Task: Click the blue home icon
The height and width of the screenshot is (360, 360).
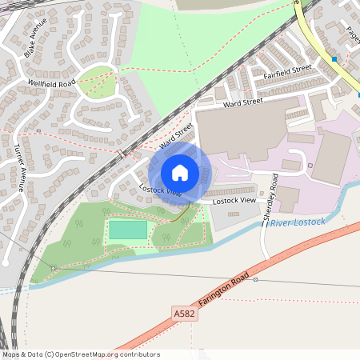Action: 180,172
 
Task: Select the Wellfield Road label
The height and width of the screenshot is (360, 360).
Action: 51,82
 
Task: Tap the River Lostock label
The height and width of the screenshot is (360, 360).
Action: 298,222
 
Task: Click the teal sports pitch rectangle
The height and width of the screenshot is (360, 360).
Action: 128,230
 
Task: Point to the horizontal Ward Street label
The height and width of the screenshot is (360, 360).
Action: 243,103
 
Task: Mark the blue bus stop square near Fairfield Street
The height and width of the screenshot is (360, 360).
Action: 334,59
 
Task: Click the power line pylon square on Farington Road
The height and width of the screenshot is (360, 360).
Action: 255,280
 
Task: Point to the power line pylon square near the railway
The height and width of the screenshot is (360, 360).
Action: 53,267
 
